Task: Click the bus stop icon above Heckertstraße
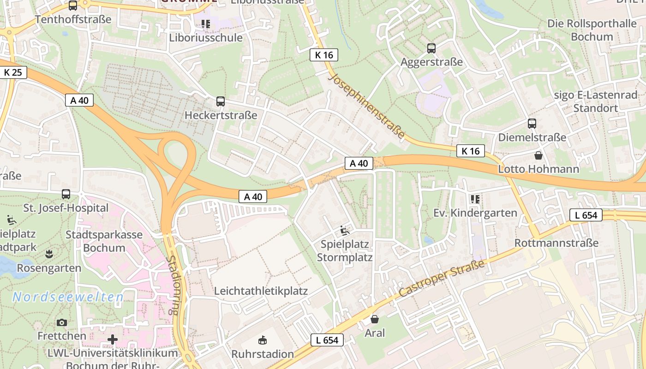click(x=221, y=101)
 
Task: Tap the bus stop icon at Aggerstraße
click(x=431, y=48)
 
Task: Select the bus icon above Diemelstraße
click(x=532, y=124)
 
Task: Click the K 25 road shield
click(x=13, y=72)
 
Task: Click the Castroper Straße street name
click(x=442, y=278)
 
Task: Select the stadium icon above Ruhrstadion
click(x=263, y=341)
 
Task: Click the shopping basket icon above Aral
click(x=375, y=319)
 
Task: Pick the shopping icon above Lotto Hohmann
click(x=538, y=155)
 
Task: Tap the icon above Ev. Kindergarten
click(x=475, y=199)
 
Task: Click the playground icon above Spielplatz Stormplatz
click(x=345, y=230)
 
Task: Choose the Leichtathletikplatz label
click(x=261, y=291)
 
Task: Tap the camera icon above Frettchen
click(x=62, y=322)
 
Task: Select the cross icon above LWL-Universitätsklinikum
click(x=113, y=340)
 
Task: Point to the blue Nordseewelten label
click(x=68, y=297)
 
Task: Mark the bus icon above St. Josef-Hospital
click(x=66, y=194)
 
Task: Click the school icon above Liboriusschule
click(x=205, y=24)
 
